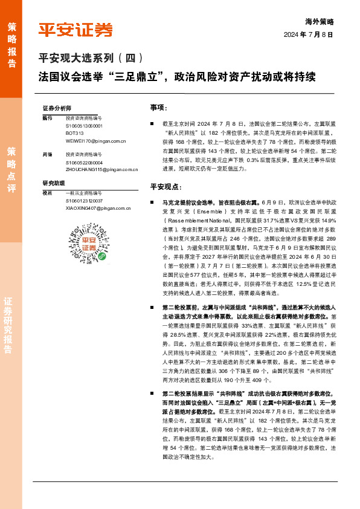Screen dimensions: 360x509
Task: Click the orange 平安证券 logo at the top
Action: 76,30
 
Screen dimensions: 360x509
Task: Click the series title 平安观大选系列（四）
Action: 91,59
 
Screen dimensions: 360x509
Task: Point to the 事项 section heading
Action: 158,107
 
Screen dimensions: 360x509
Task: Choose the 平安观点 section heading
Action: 166,186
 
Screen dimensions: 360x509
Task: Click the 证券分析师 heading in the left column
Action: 57,107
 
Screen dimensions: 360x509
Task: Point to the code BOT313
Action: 75,133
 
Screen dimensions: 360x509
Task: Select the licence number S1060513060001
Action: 85,126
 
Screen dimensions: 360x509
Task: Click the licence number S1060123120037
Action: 85,200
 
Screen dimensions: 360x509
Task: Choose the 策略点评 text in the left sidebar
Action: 12,169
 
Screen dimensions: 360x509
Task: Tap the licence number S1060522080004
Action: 85,163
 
